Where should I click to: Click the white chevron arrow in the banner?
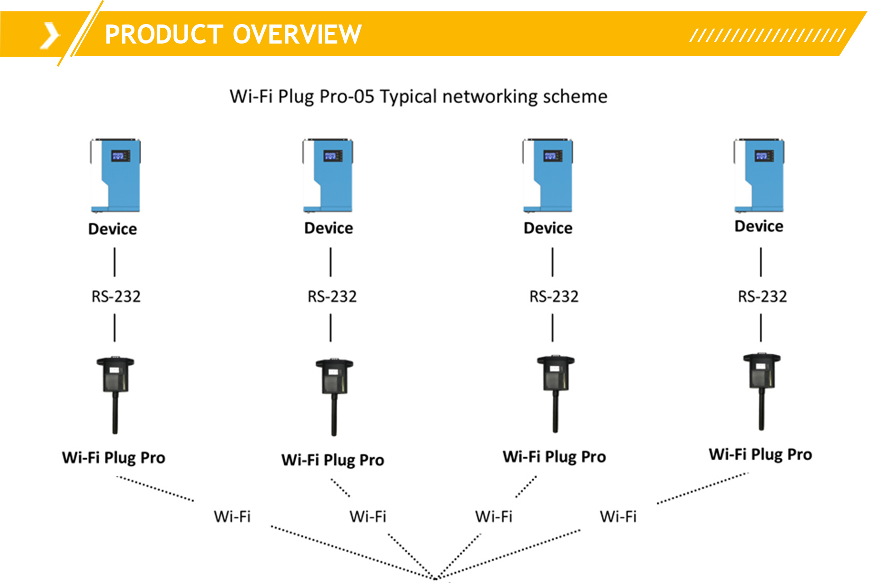(50, 35)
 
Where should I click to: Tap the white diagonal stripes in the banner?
(767, 35)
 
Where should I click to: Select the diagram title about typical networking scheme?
(418, 97)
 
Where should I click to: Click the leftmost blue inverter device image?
(115, 176)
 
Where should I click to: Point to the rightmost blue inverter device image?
(759, 176)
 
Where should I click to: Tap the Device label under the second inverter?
(328, 228)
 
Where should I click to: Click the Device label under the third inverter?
(548, 228)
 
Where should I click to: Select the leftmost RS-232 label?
(116, 296)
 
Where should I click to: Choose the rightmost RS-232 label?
(762, 296)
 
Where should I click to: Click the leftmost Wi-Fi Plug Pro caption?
(114, 457)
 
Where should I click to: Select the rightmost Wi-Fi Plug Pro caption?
(760, 454)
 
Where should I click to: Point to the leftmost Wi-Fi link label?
(232, 516)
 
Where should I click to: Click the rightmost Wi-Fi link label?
(618, 516)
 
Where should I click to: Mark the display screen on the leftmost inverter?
(121, 156)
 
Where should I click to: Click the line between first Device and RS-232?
(114, 262)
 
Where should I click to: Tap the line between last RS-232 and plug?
(761, 328)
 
